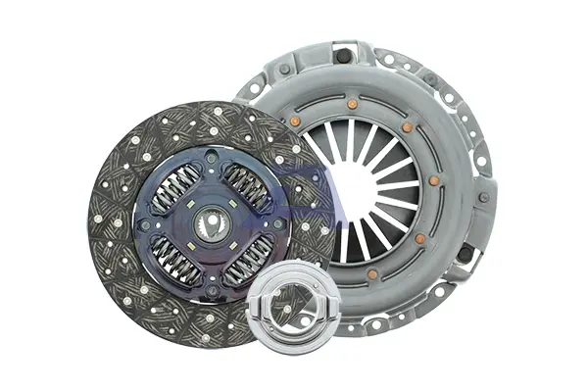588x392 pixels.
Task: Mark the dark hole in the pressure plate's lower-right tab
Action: point(465,256)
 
